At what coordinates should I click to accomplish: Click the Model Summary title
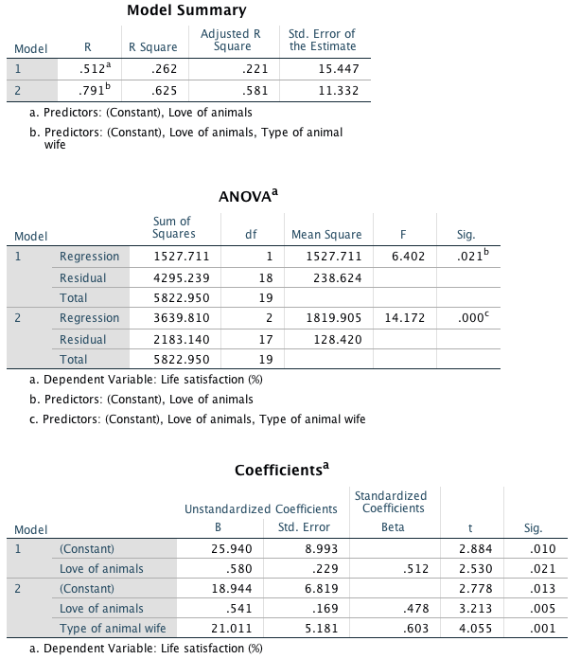tap(186, 10)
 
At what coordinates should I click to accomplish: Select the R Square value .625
tap(166, 92)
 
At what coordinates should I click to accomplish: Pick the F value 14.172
tap(403, 318)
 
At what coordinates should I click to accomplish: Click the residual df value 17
tap(266, 339)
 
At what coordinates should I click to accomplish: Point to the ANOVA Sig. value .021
tap(463, 257)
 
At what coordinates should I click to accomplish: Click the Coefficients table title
tap(282, 470)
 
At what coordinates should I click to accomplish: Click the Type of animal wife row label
tap(112, 629)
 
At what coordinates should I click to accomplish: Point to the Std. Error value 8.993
tap(313, 549)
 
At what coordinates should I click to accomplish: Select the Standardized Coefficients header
tap(391, 502)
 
